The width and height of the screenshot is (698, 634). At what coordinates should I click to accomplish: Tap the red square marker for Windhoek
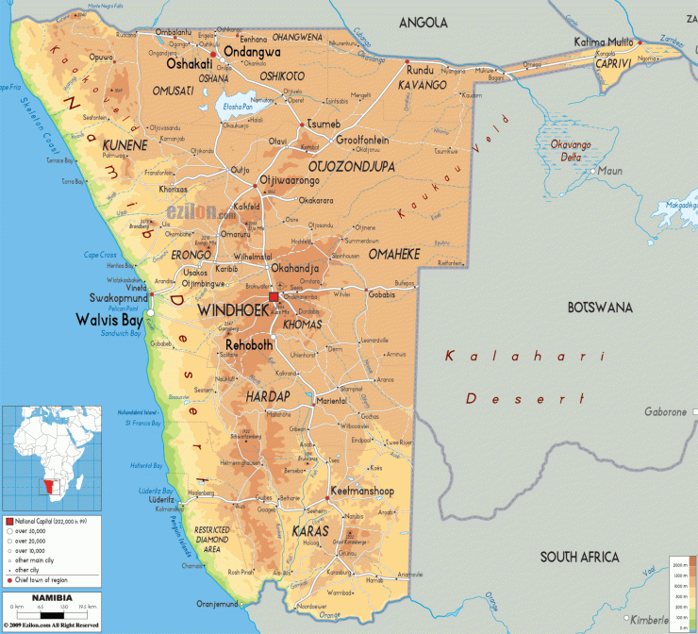click(274, 298)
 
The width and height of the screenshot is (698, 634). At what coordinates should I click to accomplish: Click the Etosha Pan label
click(231, 107)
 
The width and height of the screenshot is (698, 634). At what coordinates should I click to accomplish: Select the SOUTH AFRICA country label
click(578, 556)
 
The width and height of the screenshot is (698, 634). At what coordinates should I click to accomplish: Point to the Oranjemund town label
click(216, 605)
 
